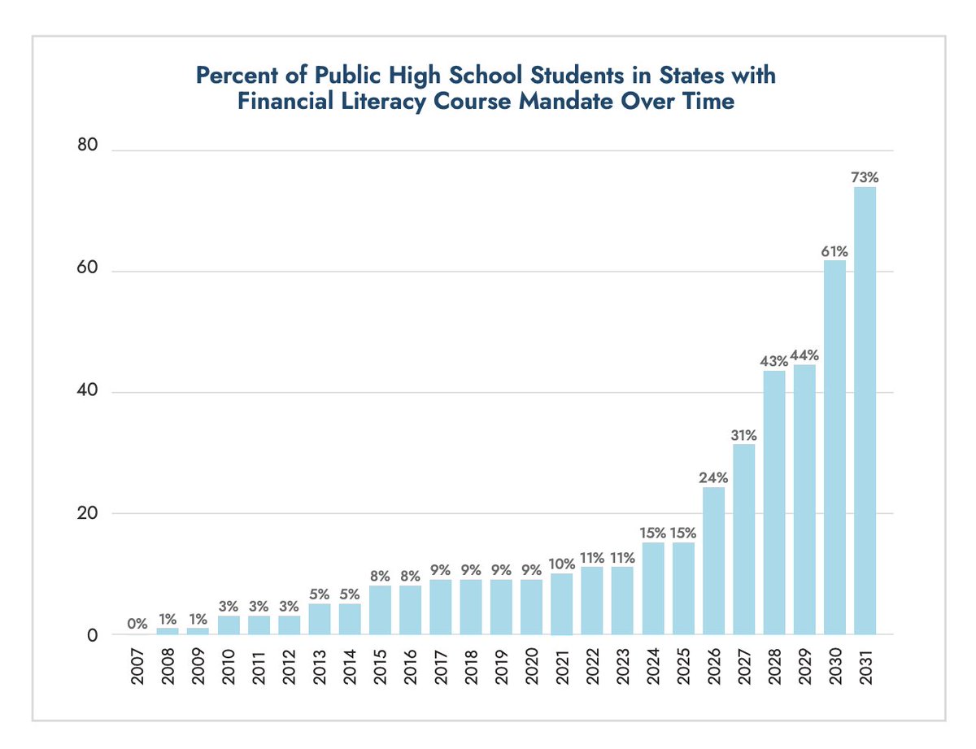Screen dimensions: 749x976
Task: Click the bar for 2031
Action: coord(865,411)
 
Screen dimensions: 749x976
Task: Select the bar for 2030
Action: coord(834,447)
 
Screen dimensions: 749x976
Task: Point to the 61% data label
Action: coord(834,250)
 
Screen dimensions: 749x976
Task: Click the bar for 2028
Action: coord(773,503)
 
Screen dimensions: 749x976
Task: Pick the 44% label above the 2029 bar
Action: coord(804,355)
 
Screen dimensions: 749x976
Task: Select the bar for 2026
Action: coord(713,560)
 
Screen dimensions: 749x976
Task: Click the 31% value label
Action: coord(743,434)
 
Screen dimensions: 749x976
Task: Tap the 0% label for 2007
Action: coord(137,625)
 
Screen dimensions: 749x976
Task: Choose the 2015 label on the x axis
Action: coord(380,667)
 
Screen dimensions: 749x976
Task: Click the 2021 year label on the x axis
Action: coord(562,667)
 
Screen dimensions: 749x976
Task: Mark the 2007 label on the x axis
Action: coord(137,667)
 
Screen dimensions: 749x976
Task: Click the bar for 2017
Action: coord(441,606)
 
